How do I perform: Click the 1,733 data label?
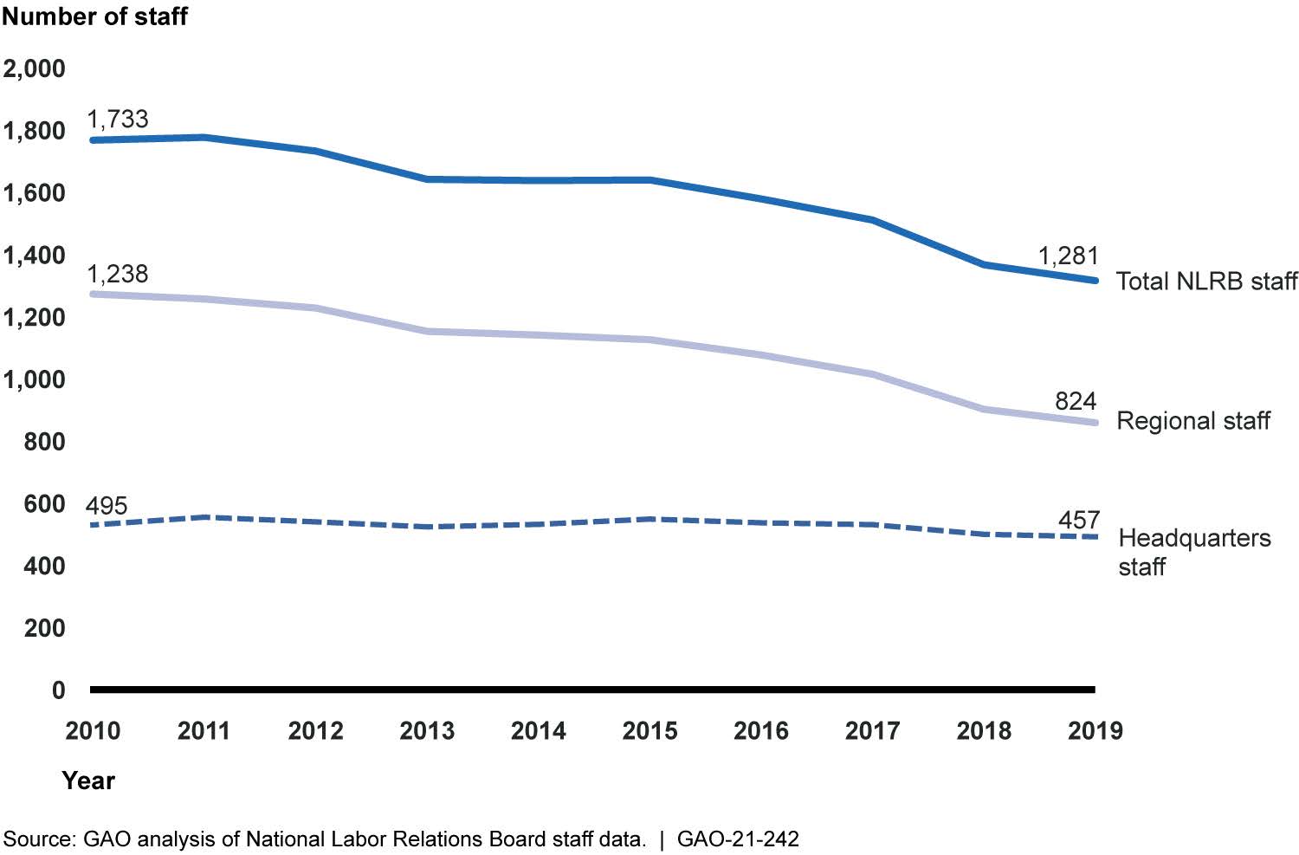(x=118, y=120)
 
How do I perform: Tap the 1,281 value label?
(x=1068, y=256)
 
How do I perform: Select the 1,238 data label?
(x=118, y=274)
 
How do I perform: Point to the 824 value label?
(x=1076, y=401)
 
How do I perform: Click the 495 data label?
(x=107, y=505)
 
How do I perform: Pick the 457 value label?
(x=1079, y=521)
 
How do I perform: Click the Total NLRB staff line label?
(x=1207, y=282)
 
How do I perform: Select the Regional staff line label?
(x=1193, y=420)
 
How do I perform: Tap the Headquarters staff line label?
(x=1194, y=552)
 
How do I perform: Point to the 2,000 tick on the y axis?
(x=35, y=68)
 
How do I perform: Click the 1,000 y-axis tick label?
(x=35, y=379)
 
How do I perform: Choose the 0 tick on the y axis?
(x=59, y=690)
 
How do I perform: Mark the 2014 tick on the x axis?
(x=538, y=731)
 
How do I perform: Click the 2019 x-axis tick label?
(x=1095, y=731)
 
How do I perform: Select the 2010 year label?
(x=93, y=731)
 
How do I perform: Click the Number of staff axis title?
(x=95, y=16)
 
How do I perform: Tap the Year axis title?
(x=88, y=781)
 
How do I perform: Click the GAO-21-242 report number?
(x=738, y=839)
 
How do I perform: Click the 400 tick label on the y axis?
(x=45, y=567)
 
